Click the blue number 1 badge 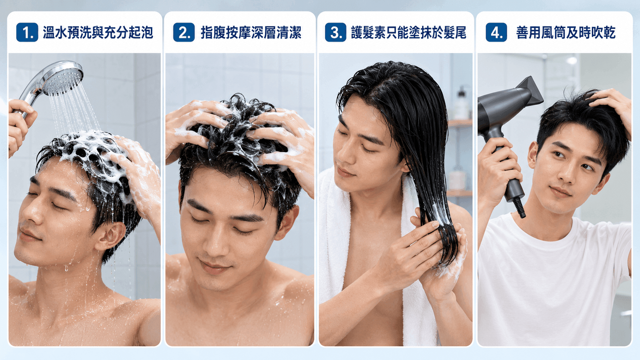tap(27, 32)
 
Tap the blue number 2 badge tap(184, 32)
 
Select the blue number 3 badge tap(336, 32)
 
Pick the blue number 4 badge tap(496, 32)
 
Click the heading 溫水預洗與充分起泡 tap(98, 33)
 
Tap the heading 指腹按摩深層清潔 tap(251, 33)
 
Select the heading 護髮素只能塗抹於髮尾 tap(408, 33)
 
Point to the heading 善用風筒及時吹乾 tap(566, 33)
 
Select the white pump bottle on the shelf tap(461, 104)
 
